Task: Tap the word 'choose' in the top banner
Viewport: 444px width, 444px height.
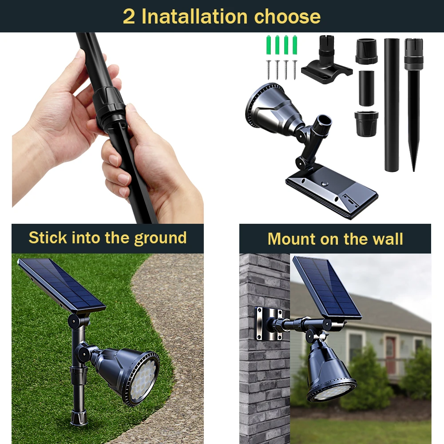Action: pyautogui.click(x=287, y=17)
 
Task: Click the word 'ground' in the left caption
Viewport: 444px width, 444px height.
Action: pyautogui.click(x=160, y=238)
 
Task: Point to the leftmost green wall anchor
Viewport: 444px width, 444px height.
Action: pyautogui.click(x=269, y=45)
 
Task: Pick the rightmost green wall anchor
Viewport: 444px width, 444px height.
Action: pyautogui.click(x=295, y=45)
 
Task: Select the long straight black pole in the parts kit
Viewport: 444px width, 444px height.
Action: pyautogui.click(x=392, y=105)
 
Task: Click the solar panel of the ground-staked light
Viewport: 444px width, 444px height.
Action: pyautogui.click(x=61, y=284)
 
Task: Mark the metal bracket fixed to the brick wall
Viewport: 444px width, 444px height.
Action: pyautogui.click(x=270, y=323)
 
